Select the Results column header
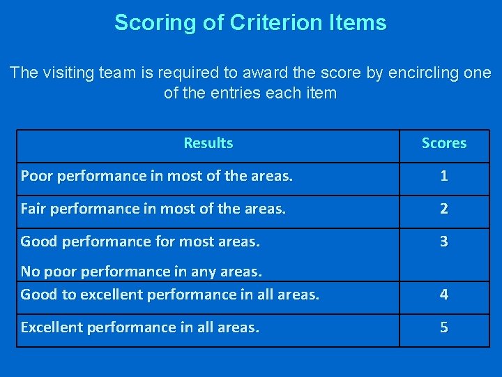pyautogui.click(x=208, y=143)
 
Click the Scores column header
pyautogui.click(x=444, y=143)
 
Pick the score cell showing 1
pyautogui.click(x=444, y=176)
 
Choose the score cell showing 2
pyautogui.click(x=444, y=209)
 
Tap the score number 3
pyautogui.click(x=444, y=242)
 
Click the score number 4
pyautogui.click(x=444, y=295)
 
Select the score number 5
pyautogui.click(x=444, y=327)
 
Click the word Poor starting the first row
pyautogui.click(x=36, y=176)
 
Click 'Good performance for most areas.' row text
pyautogui.click(x=140, y=242)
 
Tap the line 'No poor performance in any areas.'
pyautogui.click(x=141, y=271)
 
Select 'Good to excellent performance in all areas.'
pyautogui.click(x=169, y=295)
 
